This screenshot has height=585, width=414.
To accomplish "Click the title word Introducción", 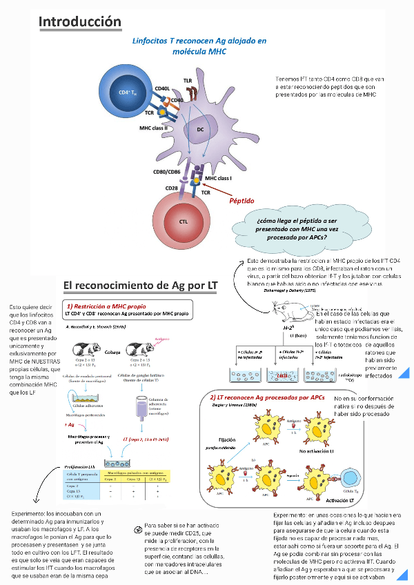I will [80, 21].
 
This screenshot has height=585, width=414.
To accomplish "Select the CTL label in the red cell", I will [184, 221].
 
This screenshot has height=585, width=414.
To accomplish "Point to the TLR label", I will [188, 81].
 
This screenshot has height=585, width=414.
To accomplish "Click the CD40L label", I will [163, 88].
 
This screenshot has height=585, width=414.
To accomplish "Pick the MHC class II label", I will [154, 128].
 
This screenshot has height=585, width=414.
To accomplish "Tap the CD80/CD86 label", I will [167, 172].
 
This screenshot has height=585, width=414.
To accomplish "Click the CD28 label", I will [172, 187].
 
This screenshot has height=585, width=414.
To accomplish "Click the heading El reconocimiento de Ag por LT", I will [140, 284].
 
